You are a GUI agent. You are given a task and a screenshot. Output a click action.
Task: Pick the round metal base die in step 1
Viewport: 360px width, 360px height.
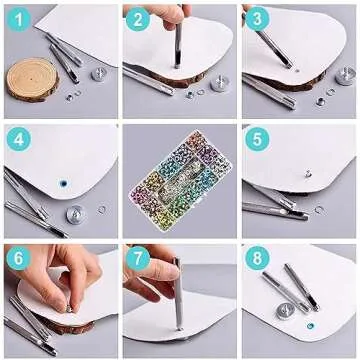(99, 74)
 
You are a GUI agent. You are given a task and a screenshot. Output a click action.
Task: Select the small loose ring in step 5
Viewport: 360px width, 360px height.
(319, 209)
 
